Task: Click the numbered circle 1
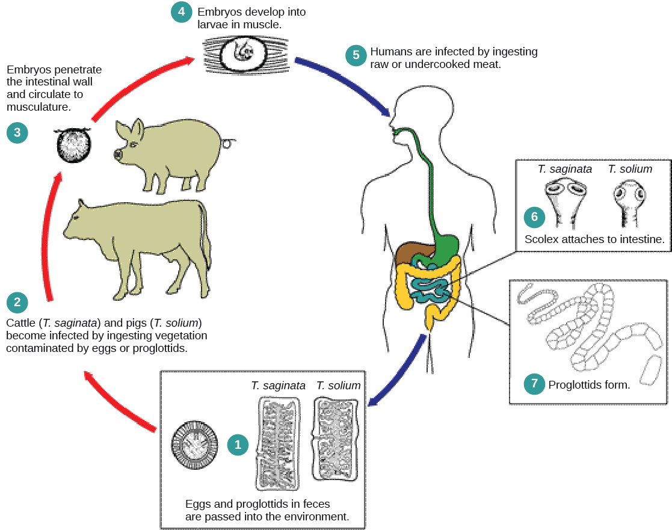coord(238,445)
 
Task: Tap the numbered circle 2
coord(17,302)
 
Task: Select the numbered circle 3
coord(17,132)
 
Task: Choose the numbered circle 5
coord(356,55)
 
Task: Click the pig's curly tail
coord(227,143)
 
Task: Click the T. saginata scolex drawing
coord(564,201)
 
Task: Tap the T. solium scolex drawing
coord(629,201)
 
